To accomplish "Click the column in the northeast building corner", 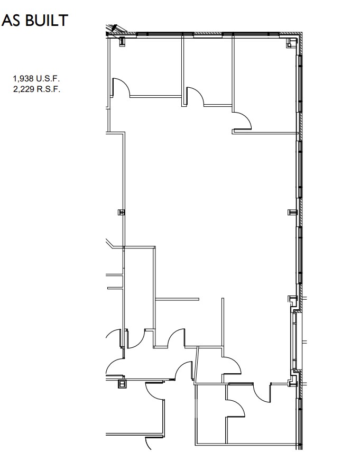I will [x=290, y=43].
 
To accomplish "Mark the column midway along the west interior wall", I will [x=121, y=212].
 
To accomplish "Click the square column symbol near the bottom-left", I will [x=122, y=384].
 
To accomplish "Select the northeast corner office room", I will [x=264, y=85].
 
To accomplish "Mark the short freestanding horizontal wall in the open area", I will [x=178, y=300].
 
